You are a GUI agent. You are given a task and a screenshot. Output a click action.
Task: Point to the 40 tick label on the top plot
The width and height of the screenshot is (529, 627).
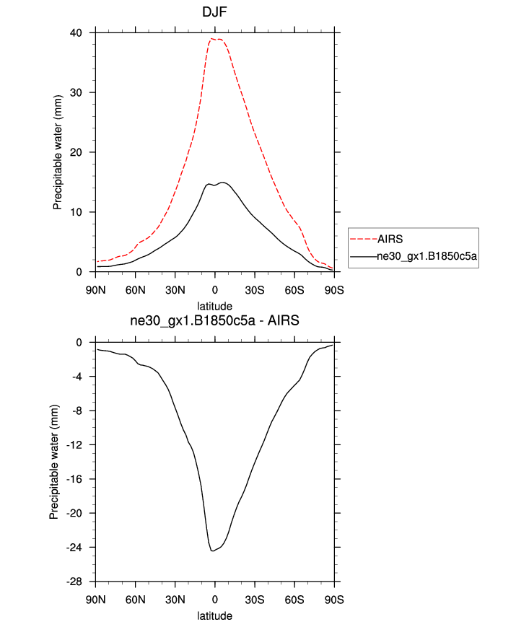85,32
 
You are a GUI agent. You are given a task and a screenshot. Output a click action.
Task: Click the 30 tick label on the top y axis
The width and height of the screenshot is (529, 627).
85,92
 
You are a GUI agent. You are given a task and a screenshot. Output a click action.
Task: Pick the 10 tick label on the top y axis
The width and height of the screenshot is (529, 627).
85,212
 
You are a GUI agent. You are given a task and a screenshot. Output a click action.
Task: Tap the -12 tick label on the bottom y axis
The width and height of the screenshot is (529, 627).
82,445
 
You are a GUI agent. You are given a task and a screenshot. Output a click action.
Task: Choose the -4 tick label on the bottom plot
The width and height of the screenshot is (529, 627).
84,377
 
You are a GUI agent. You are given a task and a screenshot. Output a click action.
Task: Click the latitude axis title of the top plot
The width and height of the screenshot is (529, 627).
214,306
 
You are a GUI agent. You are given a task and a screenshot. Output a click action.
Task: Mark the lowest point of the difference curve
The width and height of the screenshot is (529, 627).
212,551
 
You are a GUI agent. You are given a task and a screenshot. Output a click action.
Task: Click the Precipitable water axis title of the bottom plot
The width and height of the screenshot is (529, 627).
54,462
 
